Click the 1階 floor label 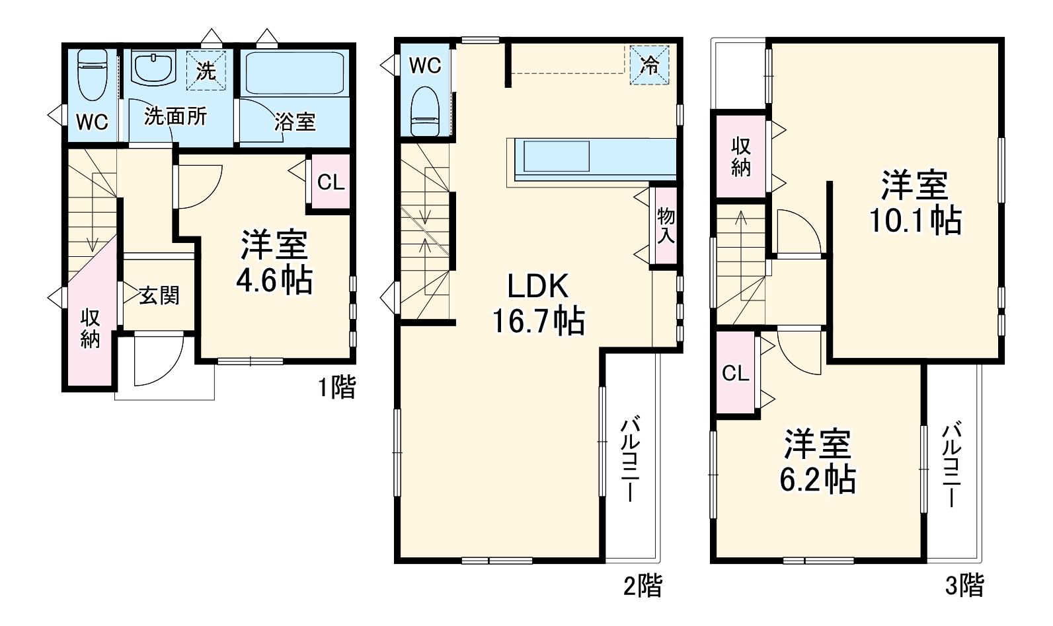[x=337, y=387]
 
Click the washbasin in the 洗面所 [x=153, y=67]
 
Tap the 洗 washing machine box [x=206, y=69]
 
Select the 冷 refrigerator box [x=649, y=65]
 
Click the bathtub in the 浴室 [x=294, y=74]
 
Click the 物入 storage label [x=665, y=226]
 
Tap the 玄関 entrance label [x=159, y=295]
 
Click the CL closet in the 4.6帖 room [x=331, y=182]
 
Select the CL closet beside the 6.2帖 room [x=735, y=373]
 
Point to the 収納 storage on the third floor [x=740, y=157]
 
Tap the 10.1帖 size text [x=915, y=220]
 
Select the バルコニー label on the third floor [x=952, y=465]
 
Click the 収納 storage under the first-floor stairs [x=91, y=328]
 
